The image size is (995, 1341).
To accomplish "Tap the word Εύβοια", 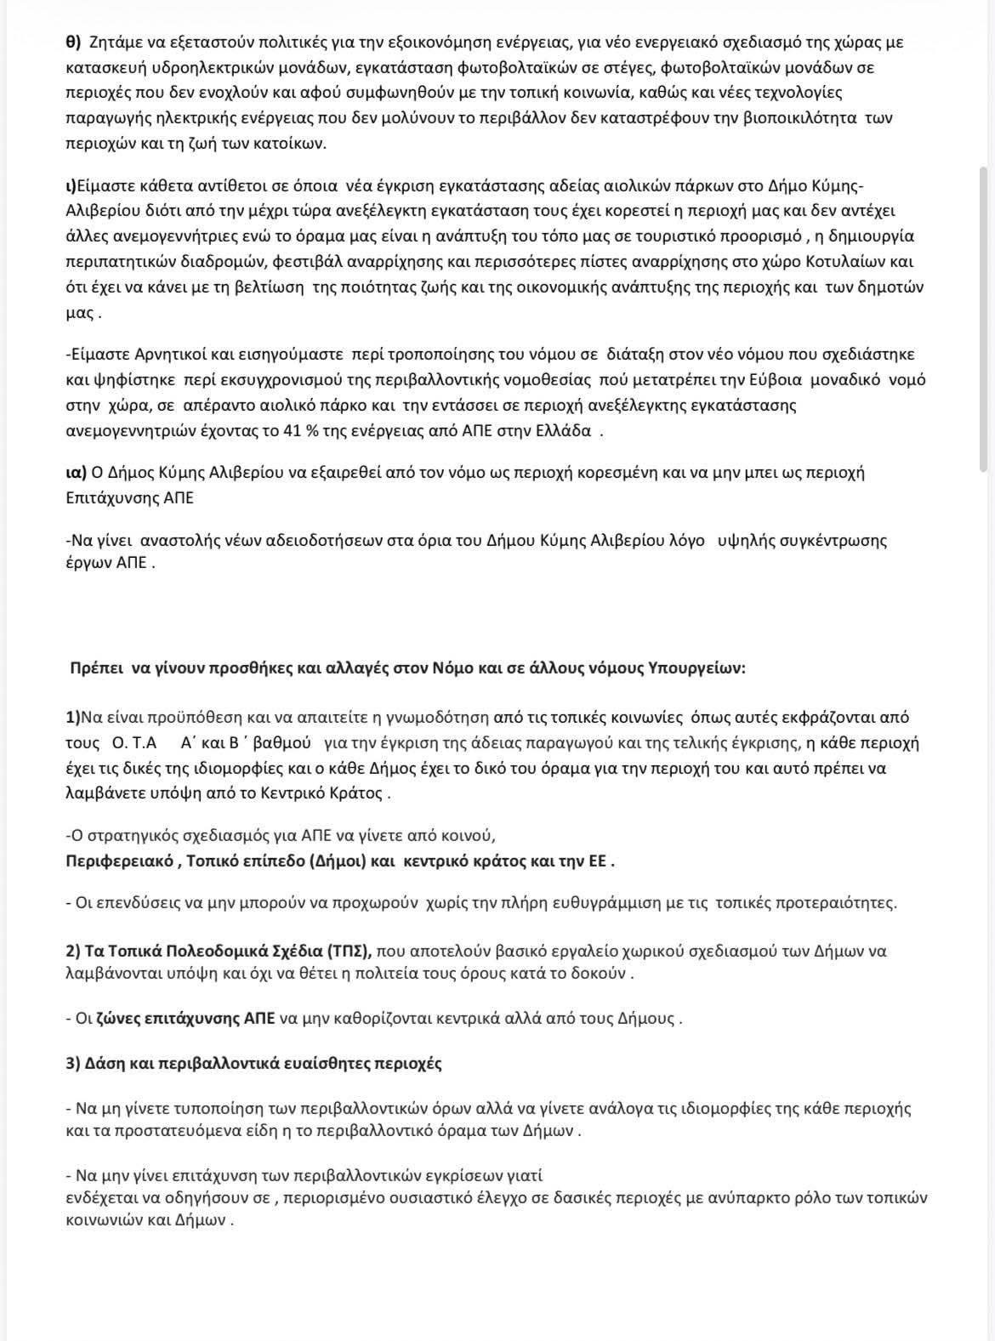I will point(772,379).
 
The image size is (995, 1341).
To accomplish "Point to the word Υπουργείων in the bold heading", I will point(705,668).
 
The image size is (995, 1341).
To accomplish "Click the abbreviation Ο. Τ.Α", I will point(134,743).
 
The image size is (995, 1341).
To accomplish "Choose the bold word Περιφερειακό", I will point(117,861).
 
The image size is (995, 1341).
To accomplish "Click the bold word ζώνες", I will point(116,1018).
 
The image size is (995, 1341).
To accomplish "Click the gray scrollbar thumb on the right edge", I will point(985,319).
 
